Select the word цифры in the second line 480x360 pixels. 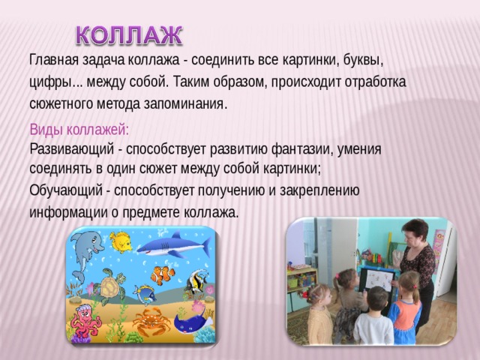click(x=52, y=81)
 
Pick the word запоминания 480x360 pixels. click(x=184, y=103)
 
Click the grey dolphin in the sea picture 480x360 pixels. click(x=88, y=247)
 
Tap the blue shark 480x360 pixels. click(x=174, y=246)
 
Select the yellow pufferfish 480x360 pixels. click(x=120, y=241)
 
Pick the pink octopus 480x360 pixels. click(x=84, y=321)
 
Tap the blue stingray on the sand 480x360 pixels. click(x=190, y=322)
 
